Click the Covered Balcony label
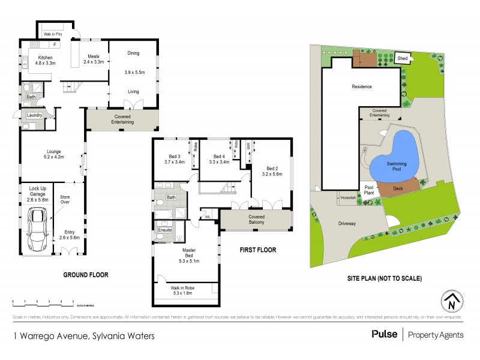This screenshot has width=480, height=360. pos(256,219)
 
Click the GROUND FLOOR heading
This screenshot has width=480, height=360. pos(86,275)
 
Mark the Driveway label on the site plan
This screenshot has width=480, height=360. pos(346,223)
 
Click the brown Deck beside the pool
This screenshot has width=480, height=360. pos(398,188)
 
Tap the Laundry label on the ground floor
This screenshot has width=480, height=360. pos(34,115)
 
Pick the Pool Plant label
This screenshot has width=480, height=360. pos(370,190)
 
